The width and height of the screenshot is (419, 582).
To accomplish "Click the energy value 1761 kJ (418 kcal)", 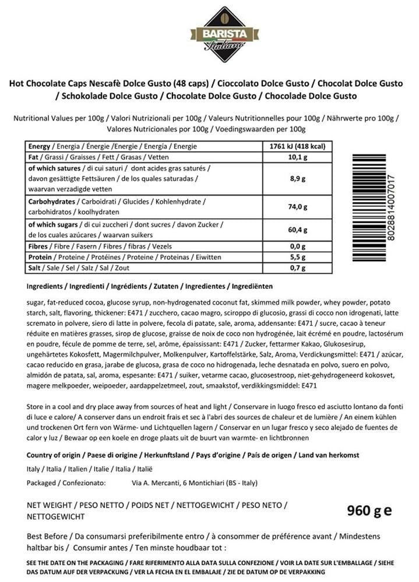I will [298, 147].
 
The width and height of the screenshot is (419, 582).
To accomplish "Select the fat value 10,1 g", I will [298, 157].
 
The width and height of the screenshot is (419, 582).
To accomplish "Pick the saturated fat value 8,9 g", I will [298, 179].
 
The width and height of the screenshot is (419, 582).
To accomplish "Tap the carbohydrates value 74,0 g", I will [298, 207].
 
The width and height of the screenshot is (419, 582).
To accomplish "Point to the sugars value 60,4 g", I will [298, 229].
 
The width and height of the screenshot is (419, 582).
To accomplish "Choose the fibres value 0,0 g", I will [298, 246].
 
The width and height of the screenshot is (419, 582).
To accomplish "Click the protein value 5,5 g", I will [298, 257].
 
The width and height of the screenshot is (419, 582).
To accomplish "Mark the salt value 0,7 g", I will [298, 268].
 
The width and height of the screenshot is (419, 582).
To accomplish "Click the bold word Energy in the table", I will [40, 147].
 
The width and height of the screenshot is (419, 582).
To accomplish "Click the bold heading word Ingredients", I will [46, 286].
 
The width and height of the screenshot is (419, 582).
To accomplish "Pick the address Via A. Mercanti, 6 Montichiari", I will [195, 482].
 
